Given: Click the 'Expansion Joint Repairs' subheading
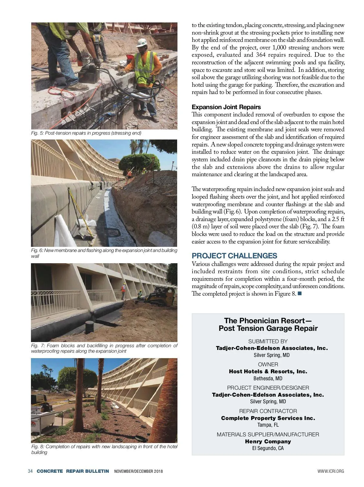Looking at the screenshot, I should [226, 107].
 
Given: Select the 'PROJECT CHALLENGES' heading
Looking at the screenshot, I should [234, 256].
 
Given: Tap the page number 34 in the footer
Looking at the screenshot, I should [30, 471].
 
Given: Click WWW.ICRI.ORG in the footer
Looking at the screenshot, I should [331, 471].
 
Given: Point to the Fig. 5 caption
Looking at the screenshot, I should [86, 133].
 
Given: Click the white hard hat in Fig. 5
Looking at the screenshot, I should [141, 42].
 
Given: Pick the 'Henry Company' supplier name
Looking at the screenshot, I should [268, 442].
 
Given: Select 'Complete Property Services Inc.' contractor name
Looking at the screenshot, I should [268, 418].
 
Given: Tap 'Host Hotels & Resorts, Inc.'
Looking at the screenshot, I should [268, 371].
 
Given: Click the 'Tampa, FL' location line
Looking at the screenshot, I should [268, 425].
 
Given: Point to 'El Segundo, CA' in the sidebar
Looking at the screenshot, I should [268, 448].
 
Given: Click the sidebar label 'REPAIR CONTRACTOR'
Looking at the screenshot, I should [268, 411].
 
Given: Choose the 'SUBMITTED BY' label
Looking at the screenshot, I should [268, 341].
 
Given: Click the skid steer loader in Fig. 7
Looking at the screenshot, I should [160, 296].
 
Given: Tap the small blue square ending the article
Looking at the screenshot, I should [300, 293].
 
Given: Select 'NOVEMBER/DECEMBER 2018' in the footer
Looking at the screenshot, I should [138, 471].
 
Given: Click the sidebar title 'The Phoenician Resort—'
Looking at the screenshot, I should [268, 321].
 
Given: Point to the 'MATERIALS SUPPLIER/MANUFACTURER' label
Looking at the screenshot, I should [268, 435].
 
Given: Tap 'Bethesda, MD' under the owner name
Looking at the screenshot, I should [268, 378].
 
